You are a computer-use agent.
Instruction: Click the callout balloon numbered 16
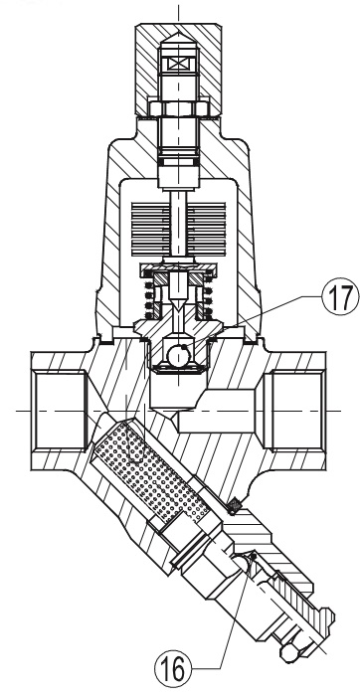coord(173,669)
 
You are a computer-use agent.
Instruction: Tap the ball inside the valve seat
coord(178,355)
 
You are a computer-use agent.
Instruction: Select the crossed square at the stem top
coord(178,65)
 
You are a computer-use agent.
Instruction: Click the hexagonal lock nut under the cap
coord(178,108)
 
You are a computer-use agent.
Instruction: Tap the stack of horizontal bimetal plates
coord(178,229)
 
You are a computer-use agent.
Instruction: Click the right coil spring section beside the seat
coord(207,297)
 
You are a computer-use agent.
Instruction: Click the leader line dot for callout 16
coord(253,556)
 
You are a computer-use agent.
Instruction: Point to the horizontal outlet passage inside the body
coord(216,411)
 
